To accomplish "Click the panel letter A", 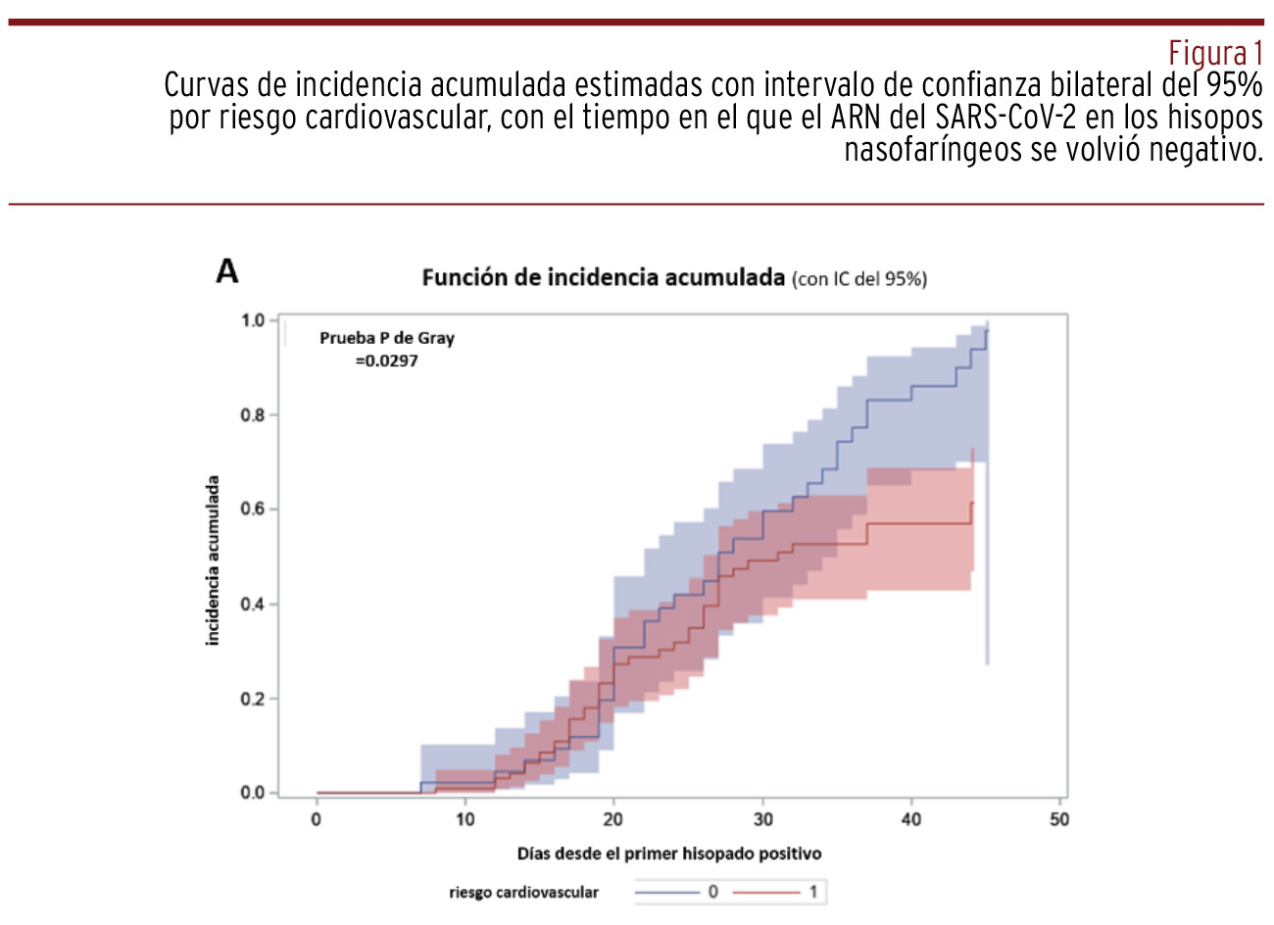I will click(x=227, y=271).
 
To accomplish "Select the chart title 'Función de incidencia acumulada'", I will click(x=603, y=277).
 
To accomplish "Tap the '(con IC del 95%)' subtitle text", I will click(x=858, y=279).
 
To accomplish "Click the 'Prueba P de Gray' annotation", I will click(x=387, y=338).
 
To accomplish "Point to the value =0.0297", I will click(x=386, y=361).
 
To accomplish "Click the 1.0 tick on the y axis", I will click(x=253, y=320).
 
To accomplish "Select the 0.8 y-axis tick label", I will click(x=253, y=414).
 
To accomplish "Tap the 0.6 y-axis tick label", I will click(x=253, y=510).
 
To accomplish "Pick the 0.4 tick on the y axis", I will click(x=253, y=604).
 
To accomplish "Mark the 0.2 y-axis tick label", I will click(x=253, y=699).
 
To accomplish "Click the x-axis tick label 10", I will click(x=465, y=819).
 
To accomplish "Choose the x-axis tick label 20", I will click(x=613, y=819).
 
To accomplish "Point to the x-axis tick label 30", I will click(x=762, y=819).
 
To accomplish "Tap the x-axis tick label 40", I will click(x=911, y=819).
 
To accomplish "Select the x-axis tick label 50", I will click(x=1059, y=819).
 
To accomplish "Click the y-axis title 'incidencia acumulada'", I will click(x=213, y=560).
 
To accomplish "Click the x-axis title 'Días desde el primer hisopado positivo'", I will click(x=669, y=853).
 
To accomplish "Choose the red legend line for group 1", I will click(x=766, y=892).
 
